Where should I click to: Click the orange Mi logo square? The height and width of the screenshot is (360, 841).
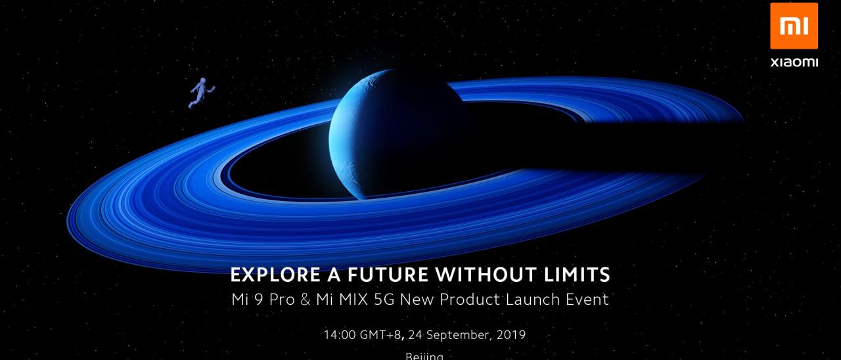point(794,26)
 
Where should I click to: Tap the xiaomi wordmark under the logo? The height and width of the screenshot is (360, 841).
point(794,62)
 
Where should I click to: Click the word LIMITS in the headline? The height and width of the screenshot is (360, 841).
point(573,274)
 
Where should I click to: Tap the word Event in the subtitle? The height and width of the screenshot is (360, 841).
point(587,300)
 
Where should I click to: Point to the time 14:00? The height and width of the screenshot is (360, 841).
point(340,335)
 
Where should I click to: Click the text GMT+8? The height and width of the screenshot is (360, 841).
point(382,335)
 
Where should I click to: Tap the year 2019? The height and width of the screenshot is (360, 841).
point(511,335)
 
